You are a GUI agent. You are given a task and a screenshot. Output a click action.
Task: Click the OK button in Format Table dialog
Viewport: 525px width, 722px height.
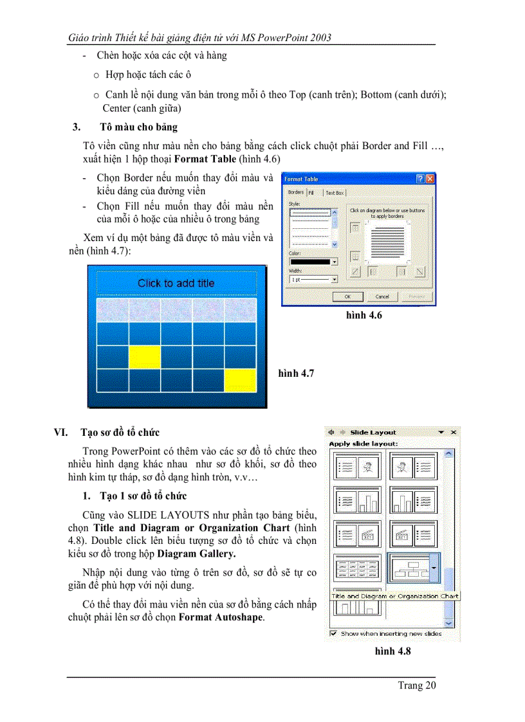point(347,296)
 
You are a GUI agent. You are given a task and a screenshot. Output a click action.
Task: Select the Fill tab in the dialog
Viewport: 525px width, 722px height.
point(311,192)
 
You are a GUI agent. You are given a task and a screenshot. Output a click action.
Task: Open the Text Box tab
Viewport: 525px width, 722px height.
point(335,192)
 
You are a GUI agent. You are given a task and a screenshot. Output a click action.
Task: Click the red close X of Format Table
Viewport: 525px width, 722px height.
point(430,179)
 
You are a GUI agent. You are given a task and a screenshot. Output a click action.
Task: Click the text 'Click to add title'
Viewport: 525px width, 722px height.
point(176,283)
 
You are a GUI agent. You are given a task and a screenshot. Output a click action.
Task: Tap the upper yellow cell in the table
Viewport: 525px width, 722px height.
point(145,356)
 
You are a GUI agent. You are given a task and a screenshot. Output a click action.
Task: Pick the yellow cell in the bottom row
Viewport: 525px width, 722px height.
point(240,380)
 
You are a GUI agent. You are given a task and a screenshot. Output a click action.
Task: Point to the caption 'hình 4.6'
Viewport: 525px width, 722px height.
point(364,315)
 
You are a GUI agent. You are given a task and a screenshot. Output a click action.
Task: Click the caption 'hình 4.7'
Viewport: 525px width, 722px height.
point(296,374)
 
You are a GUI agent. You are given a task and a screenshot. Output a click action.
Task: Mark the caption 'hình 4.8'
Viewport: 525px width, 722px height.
point(392,651)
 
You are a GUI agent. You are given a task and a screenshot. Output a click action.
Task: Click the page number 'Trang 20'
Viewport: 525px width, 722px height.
point(416,685)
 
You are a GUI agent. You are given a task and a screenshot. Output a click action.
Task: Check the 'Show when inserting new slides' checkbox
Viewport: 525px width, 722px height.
point(333,633)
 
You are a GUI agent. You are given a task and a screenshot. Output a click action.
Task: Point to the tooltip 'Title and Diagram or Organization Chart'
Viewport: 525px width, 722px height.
point(395,596)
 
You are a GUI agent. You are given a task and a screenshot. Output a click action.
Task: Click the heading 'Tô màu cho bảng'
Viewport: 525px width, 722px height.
point(139,127)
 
